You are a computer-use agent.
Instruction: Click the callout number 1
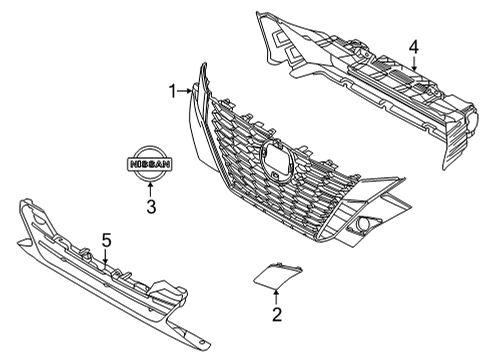click(x=172, y=91)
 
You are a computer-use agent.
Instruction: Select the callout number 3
click(x=149, y=208)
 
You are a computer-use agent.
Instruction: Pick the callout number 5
click(x=106, y=240)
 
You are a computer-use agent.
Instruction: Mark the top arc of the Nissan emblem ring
click(x=149, y=147)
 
